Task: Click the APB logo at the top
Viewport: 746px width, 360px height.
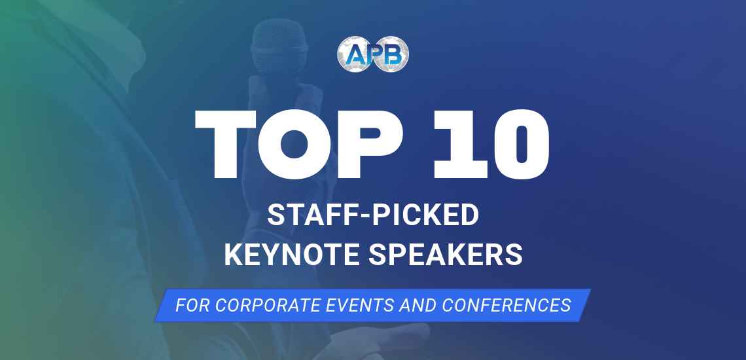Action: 373,54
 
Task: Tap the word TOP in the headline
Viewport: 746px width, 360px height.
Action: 299,144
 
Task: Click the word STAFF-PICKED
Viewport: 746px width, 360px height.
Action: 373,215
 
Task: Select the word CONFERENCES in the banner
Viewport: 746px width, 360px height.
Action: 506,305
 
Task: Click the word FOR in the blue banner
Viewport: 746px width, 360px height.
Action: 193,305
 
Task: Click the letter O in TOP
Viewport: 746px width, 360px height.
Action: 295,144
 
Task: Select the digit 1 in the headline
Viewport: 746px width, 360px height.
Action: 459,144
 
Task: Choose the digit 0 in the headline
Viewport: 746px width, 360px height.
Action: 522,144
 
